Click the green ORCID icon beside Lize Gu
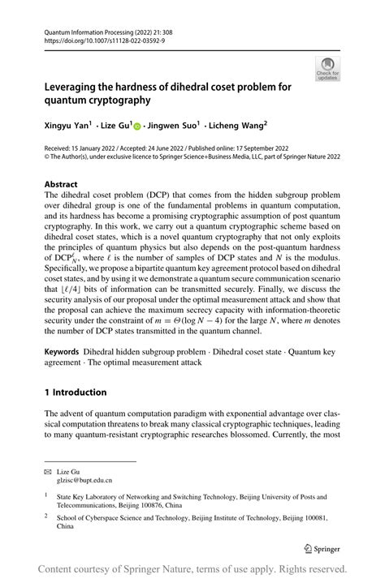click(137, 126)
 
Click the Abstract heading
click(61, 184)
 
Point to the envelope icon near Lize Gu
click(49, 469)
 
